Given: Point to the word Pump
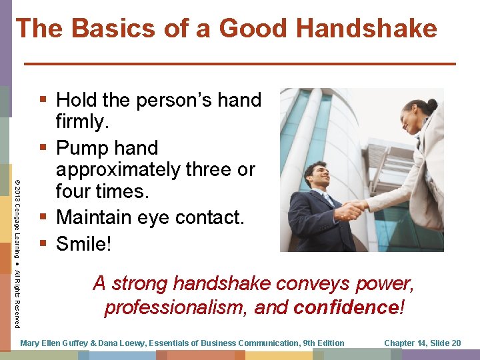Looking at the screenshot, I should [x=83, y=147].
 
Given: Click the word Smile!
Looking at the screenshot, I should [x=83, y=244].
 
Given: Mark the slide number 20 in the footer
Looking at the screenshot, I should [x=455, y=343].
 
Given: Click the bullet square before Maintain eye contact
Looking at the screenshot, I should [x=44, y=217].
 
